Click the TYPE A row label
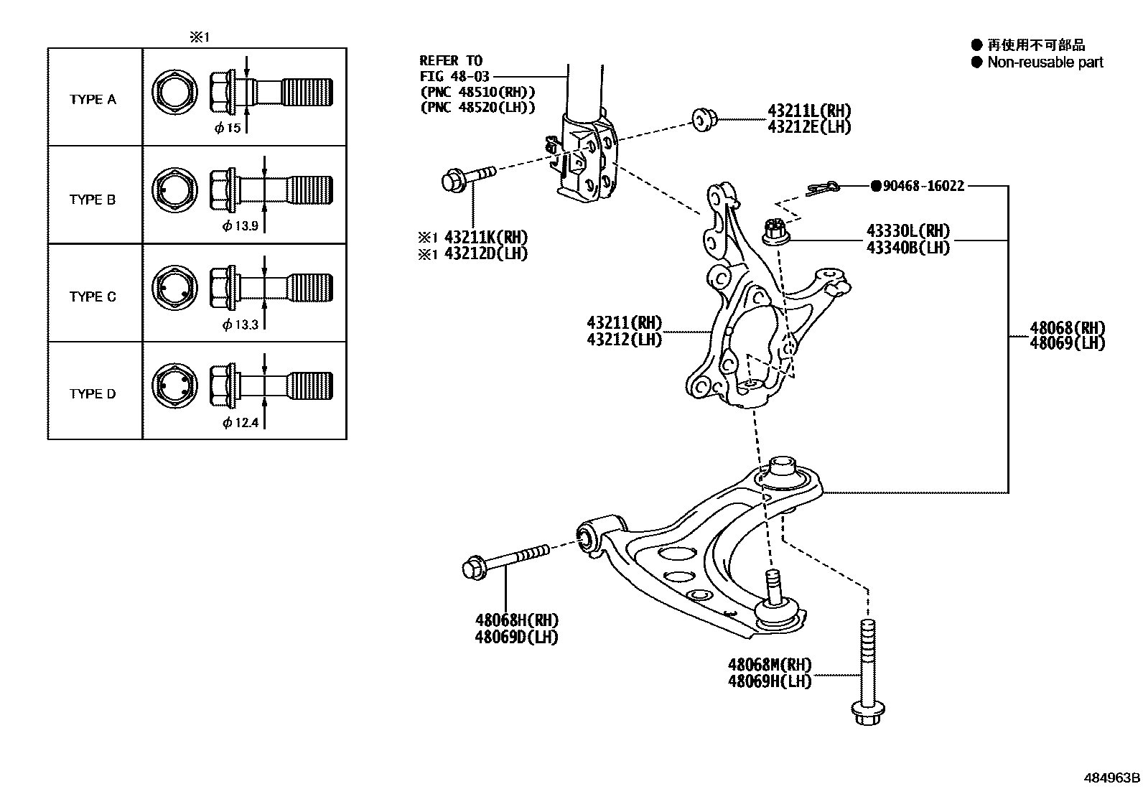point(93,100)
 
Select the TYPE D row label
point(93,393)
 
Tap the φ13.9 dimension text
point(240,226)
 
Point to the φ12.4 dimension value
point(240,423)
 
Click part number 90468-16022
point(923,186)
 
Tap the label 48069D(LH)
point(516,636)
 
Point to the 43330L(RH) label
point(908,231)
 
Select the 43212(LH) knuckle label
point(624,339)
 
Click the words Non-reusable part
point(1045,62)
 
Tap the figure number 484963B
point(1111,778)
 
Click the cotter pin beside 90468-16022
point(823,189)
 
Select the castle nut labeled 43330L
point(774,232)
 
